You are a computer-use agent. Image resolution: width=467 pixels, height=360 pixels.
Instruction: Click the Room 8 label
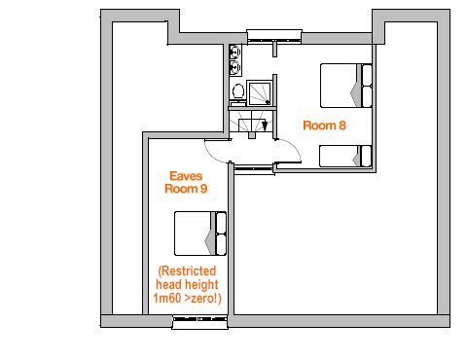pos(324,126)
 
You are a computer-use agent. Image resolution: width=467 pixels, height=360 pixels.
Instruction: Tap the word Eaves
pos(186,176)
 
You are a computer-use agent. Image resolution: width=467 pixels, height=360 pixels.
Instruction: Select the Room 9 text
pos(186,189)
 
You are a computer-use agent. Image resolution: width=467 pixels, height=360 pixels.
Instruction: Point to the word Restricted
pos(187,271)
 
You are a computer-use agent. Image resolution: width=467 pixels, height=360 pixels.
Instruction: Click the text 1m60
pos(167,298)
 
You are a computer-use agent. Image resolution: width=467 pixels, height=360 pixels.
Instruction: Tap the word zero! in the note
pos(205,298)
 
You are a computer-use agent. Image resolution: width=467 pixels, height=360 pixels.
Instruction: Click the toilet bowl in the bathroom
pos(238,91)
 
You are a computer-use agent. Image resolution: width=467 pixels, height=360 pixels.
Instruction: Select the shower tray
pos(259,93)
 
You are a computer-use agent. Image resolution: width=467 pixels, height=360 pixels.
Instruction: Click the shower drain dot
pos(268,102)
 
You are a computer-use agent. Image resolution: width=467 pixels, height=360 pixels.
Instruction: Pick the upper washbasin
pos(234,52)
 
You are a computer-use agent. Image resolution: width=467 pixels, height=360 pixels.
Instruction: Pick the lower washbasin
pos(234,67)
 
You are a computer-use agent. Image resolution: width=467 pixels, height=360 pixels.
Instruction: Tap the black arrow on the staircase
pos(265,126)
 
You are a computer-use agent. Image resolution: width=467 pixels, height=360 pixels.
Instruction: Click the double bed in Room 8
pos(346,86)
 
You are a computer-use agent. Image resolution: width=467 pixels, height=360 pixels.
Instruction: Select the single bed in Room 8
pos(345,156)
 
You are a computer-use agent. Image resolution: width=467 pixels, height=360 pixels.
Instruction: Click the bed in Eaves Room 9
pos(200,234)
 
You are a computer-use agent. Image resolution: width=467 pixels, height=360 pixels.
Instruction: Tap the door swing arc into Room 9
pos(211,156)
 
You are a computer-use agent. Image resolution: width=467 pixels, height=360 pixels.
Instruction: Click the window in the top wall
pos(274,36)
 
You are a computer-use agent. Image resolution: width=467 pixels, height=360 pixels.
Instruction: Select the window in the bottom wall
pos(199,321)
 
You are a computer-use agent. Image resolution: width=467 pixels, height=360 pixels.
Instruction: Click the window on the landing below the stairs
pos(254,169)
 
